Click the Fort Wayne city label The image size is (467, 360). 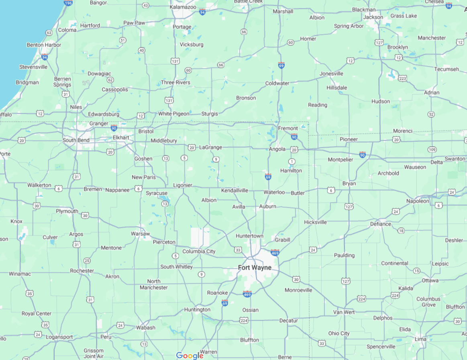tap(255, 268)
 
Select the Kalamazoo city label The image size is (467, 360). tap(183, 7)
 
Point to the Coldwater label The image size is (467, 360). tap(277, 83)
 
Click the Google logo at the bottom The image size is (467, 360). tap(190, 356)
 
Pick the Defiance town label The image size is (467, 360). tap(380, 224)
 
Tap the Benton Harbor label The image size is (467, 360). tap(44, 45)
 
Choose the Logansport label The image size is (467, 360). tap(59, 337)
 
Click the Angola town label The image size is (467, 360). tap(277, 149)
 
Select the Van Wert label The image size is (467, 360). tap(344, 312)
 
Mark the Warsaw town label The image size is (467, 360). tap(140, 234)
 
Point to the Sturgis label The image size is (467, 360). tap(210, 114)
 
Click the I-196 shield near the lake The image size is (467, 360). tap(68, 3)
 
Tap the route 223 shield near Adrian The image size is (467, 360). tap(403, 78)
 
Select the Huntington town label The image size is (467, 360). tap(197, 310)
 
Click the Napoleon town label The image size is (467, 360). tap(418, 201)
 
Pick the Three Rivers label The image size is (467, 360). tap(175, 83)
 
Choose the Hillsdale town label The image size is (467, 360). tap(336, 88)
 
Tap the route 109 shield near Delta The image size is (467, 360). tap(432, 149)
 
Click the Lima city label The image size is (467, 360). tap(420, 339)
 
